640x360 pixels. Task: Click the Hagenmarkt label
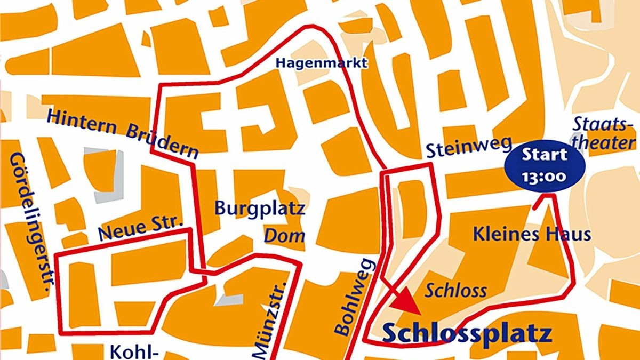click(322, 63)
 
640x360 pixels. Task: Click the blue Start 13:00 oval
click(544, 165)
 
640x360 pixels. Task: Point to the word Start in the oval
click(544, 156)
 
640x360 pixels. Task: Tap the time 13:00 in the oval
click(544, 177)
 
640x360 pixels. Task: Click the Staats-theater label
click(604, 133)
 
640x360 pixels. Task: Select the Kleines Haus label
click(532, 234)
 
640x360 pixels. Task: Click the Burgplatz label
click(260, 208)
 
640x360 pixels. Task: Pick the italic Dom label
click(285, 235)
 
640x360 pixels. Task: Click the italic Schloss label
click(456, 291)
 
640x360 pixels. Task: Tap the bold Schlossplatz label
click(467, 334)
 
